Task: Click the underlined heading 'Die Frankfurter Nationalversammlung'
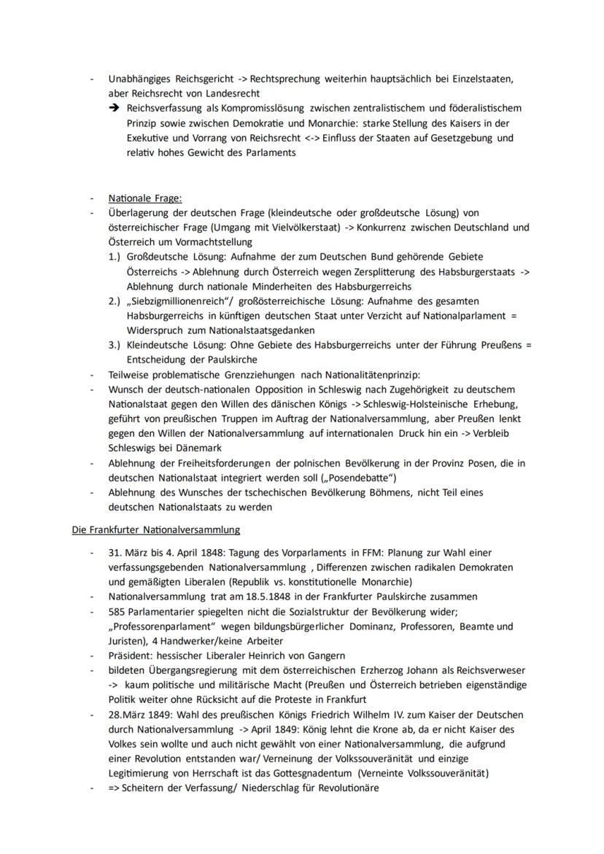[155, 529]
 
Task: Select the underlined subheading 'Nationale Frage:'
[145, 198]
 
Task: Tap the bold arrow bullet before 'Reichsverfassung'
[115, 108]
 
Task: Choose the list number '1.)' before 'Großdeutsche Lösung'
[115, 257]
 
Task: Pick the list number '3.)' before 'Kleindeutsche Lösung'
[115, 345]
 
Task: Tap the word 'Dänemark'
[197, 448]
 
